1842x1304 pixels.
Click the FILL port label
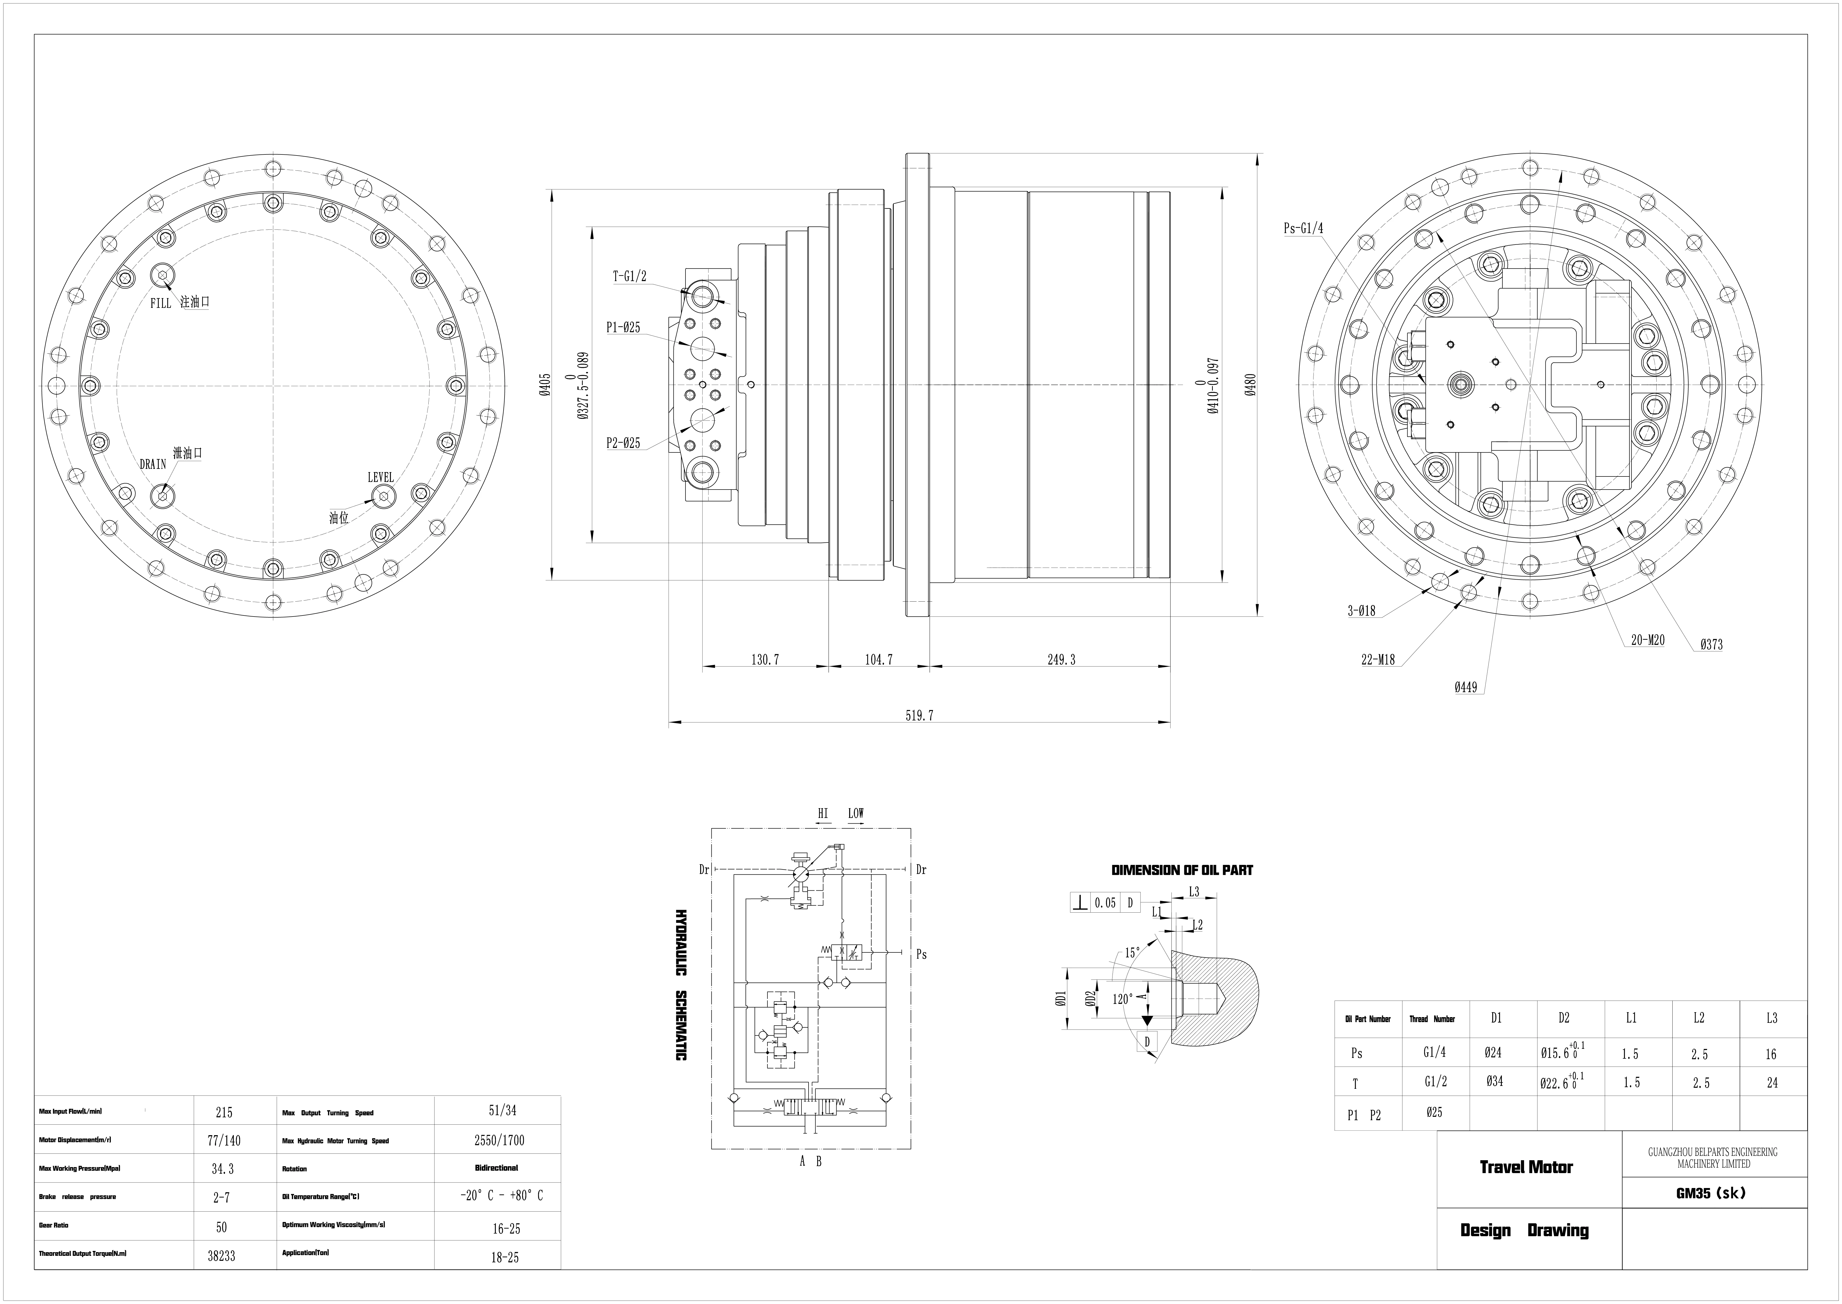tap(161, 303)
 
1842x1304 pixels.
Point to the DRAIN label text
tap(153, 464)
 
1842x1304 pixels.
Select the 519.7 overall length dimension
tap(919, 715)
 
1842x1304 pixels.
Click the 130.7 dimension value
tap(765, 660)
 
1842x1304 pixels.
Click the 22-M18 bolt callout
tap(1378, 660)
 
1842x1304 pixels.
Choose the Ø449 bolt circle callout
tap(1465, 687)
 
